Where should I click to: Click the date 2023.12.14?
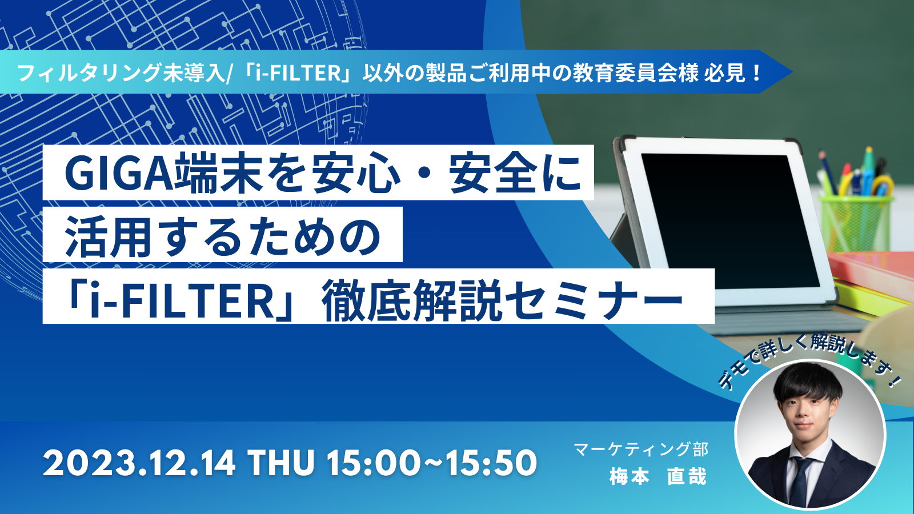tap(139, 463)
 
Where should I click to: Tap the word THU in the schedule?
tap(282, 463)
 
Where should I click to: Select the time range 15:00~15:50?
tap(432, 463)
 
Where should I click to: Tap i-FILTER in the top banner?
tap(298, 73)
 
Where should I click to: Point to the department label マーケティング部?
tap(641, 449)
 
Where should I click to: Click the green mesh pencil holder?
tap(855, 222)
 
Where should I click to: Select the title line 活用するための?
tap(223, 236)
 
